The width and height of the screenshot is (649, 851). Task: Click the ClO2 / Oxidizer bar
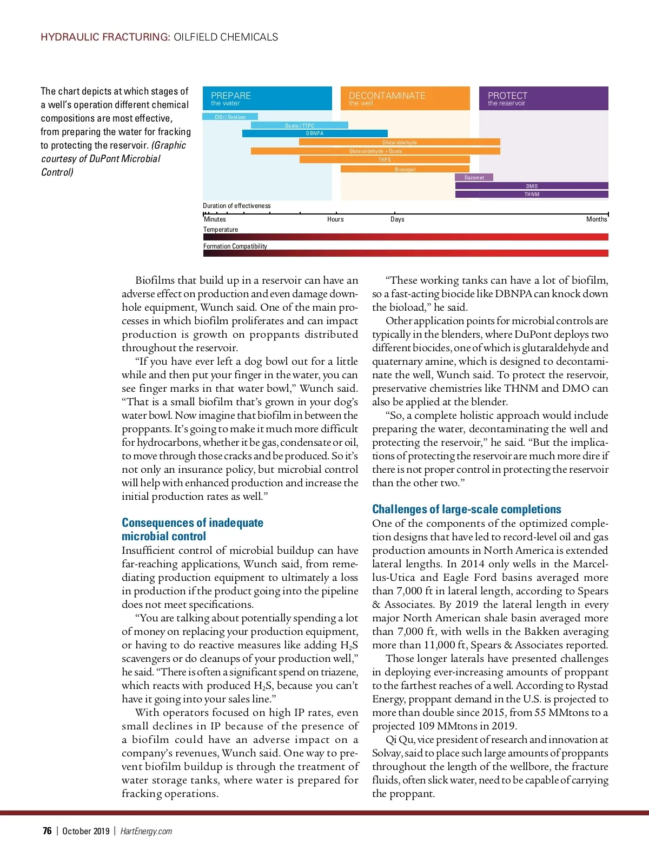(230, 117)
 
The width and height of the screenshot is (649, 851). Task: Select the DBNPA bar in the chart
(315, 133)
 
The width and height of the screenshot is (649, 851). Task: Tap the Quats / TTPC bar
(299, 125)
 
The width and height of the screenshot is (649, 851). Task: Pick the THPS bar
(385, 160)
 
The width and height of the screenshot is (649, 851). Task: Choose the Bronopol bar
(405, 169)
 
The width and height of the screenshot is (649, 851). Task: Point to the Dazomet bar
(474, 177)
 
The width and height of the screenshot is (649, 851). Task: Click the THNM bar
(532, 195)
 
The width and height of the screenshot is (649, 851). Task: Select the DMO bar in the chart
(532, 186)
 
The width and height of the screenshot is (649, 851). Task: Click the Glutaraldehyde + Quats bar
(375, 151)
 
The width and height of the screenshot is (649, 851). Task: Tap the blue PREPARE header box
(267, 98)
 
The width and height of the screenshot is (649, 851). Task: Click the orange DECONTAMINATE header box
(405, 98)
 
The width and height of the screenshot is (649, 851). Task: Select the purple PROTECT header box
(544, 98)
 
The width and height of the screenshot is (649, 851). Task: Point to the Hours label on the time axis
(335, 219)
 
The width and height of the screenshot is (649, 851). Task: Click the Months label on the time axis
(597, 219)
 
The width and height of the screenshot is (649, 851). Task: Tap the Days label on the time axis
(398, 219)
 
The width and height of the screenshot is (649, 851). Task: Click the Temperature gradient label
(221, 230)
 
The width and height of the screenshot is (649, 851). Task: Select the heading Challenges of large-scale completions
(467, 510)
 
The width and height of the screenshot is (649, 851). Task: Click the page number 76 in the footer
(47, 831)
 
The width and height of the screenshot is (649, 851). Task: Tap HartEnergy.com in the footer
(146, 831)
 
